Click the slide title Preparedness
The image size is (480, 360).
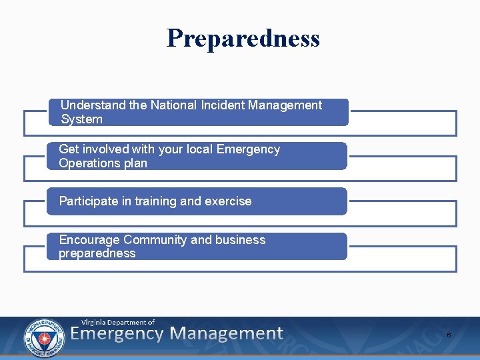coord(243,39)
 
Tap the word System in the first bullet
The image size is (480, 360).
coord(81,120)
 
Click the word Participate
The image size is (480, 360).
coord(88,201)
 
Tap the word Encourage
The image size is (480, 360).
coord(89,240)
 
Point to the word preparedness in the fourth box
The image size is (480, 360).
coord(97,254)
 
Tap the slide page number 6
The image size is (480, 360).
coord(449,335)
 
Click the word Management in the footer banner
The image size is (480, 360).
coord(226,334)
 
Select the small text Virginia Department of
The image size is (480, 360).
coord(118,322)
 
